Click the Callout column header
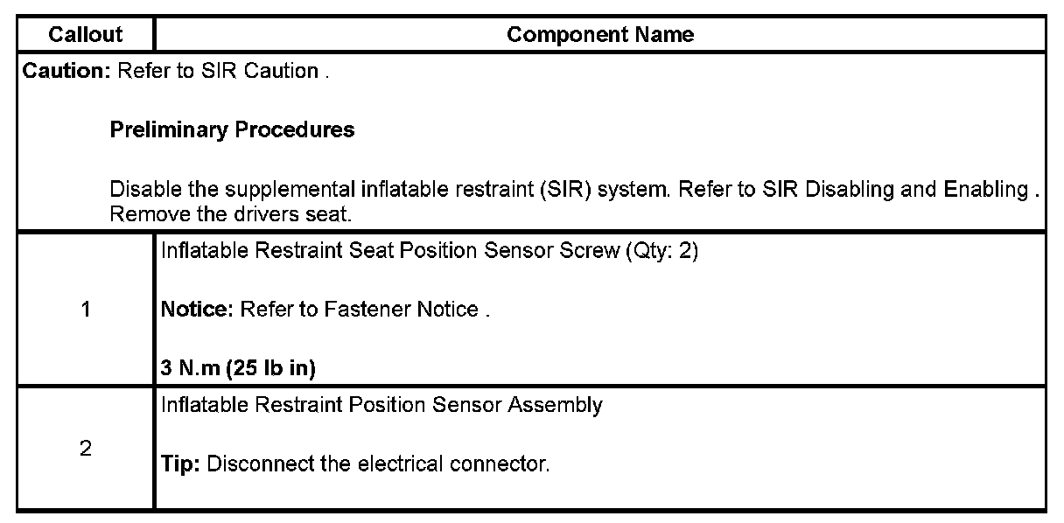86,35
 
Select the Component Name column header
600,35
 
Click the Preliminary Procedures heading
232,130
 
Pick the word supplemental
276,190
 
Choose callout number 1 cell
86,310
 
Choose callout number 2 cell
86,449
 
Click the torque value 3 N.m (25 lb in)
238,368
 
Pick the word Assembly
563,405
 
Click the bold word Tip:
180,464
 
